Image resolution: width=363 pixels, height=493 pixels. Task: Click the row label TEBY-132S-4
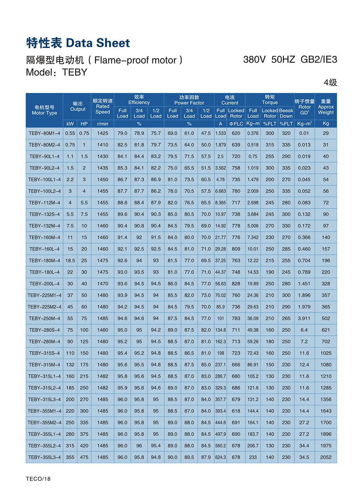click(44, 214)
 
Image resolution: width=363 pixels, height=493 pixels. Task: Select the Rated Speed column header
click(102, 106)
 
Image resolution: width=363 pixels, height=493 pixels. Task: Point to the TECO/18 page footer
click(39, 479)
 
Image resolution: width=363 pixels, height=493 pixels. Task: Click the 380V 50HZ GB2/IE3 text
click(290, 60)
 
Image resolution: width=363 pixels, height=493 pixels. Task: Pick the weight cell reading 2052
click(325, 457)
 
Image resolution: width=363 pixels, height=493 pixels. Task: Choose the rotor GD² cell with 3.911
click(304, 318)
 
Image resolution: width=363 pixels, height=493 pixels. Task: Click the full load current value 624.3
click(221, 457)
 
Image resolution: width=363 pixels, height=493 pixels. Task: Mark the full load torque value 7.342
click(253, 237)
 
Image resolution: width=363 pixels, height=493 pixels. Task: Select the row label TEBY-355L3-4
click(44, 457)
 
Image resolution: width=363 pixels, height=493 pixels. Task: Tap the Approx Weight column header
click(325, 107)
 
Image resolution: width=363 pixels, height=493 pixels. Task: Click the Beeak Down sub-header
click(286, 113)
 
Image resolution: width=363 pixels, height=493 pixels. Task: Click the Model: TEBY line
click(56, 73)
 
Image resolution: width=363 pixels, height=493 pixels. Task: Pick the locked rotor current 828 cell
click(236, 283)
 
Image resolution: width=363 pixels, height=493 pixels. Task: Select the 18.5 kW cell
click(70, 260)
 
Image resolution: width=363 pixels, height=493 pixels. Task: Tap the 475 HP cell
click(84, 457)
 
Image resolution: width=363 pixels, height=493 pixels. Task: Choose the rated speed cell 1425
click(102, 133)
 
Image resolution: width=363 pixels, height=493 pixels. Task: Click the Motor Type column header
click(44, 110)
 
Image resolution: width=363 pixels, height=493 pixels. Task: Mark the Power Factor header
click(189, 100)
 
